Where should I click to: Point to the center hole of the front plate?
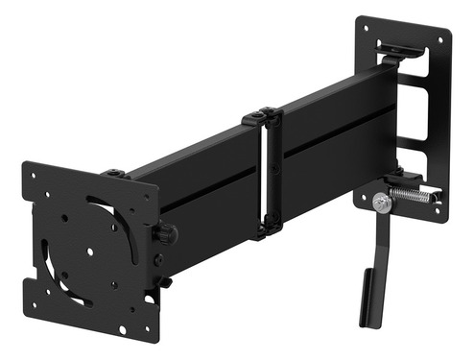click(88, 253)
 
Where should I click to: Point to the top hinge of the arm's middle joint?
click(262, 117)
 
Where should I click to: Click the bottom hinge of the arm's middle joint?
click(266, 229)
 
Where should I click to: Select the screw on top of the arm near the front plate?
click(116, 173)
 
